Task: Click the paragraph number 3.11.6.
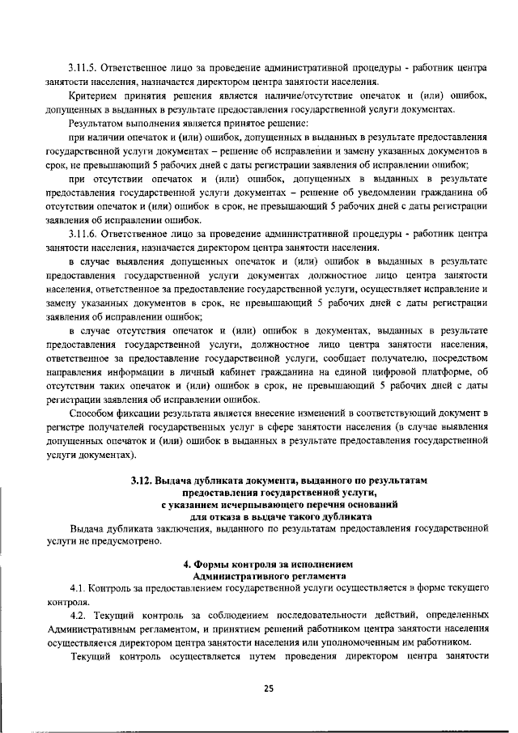coord(84,234)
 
